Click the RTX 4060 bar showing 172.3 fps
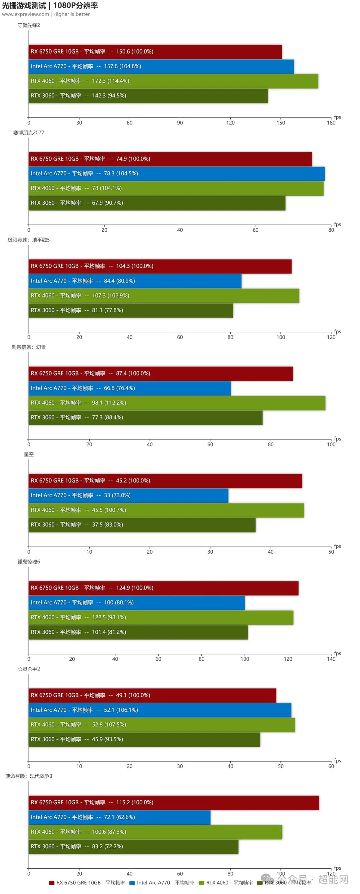pos(173,81)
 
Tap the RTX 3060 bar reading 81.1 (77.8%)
pos(131,310)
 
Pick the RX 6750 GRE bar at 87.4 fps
pos(161,374)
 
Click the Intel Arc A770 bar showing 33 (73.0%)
pos(128,495)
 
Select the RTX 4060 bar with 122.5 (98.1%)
pos(161,617)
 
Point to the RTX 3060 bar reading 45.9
pos(144,739)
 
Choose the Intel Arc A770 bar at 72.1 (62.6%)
pos(119,817)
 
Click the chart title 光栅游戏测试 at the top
pos(24,6)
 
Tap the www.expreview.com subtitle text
pos(25,14)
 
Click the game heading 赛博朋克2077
pos(28,133)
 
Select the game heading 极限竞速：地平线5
pos(28,240)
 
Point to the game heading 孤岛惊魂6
pos(28,561)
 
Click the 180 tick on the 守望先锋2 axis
pos(331,123)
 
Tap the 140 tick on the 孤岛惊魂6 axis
pos(331,659)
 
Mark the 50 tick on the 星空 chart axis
pos(331,551)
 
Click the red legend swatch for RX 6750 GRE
pos(51,883)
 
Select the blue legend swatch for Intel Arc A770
pos(132,883)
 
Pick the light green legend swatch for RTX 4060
pos(201,883)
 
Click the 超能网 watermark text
pos(333,879)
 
